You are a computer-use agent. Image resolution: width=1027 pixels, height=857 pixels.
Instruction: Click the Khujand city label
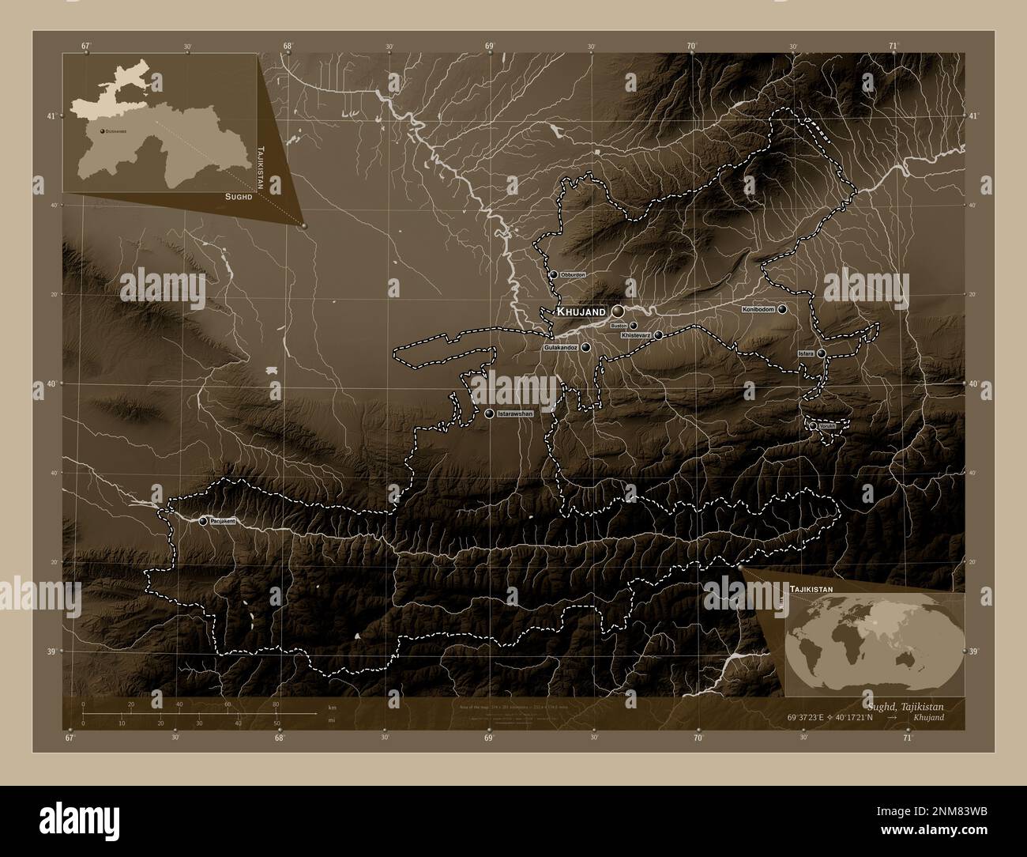(x=581, y=312)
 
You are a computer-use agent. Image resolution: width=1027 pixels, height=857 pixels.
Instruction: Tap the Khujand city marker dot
(x=618, y=312)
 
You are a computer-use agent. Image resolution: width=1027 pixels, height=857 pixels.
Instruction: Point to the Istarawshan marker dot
(x=490, y=413)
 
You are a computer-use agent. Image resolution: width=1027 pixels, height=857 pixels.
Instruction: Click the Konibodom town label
(x=758, y=309)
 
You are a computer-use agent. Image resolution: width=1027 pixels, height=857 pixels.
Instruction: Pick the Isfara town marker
(x=822, y=353)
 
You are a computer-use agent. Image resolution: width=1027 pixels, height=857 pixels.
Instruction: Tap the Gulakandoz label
(x=560, y=347)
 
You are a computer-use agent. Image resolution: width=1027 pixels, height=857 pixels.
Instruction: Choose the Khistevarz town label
(x=636, y=335)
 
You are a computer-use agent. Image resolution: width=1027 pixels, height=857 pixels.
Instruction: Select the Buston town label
(x=619, y=325)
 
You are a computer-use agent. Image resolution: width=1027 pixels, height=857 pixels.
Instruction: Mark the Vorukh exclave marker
(x=813, y=426)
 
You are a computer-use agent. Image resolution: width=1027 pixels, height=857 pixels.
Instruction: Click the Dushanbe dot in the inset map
(x=102, y=130)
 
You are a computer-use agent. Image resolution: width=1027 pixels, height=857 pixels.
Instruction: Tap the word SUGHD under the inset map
(x=238, y=194)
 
